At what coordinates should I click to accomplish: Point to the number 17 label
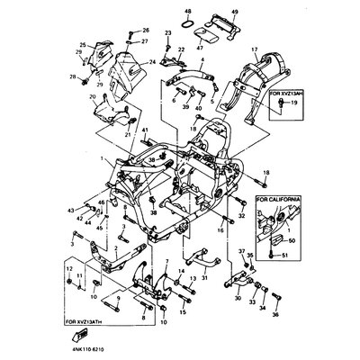pos(254,49)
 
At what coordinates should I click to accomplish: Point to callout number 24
pos(152,61)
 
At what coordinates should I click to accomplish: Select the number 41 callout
pos(144,131)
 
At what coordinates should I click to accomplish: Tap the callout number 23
pos(168,32)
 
